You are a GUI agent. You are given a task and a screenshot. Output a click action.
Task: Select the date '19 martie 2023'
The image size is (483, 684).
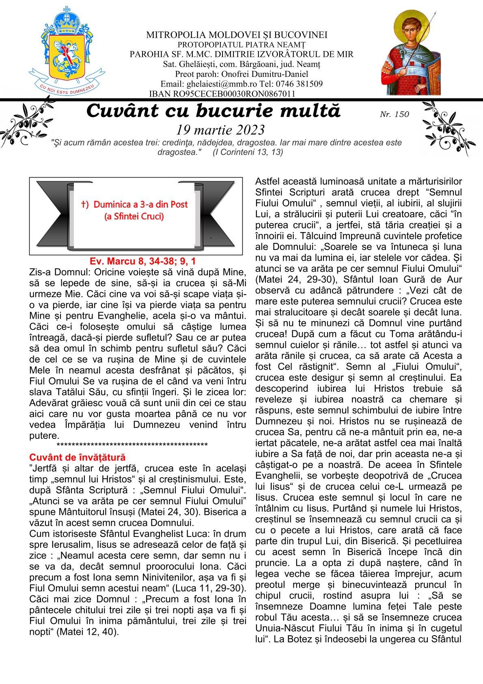click(221, 130)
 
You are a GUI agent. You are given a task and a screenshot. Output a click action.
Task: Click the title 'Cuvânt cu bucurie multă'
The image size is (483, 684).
click(213, 111)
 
